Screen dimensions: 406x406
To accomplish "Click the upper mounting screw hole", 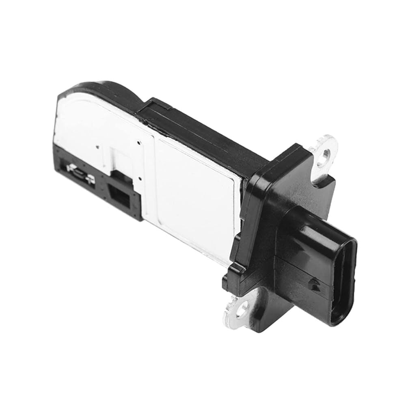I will (324, 155).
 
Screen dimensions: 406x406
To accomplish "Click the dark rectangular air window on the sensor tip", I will (120, 199).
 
